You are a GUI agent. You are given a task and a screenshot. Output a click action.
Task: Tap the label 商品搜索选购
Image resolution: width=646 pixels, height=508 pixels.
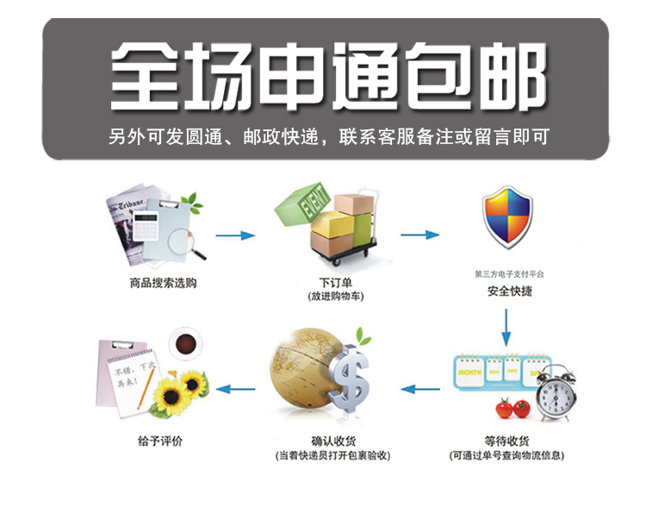click(x=163, y=282)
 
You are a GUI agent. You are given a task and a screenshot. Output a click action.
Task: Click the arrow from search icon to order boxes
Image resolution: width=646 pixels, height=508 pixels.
click(x=234, y=235)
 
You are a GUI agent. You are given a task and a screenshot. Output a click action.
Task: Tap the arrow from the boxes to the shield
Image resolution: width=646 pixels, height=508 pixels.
click(x=419, y=235)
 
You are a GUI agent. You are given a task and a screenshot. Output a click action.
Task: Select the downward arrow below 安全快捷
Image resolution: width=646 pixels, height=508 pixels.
click(x=508, y=327)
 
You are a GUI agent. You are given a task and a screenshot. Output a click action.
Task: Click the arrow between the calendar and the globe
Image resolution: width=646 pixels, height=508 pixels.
click(x=420, y=389)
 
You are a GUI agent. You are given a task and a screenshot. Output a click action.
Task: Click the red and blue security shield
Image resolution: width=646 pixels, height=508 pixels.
click(x=507, y=218)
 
